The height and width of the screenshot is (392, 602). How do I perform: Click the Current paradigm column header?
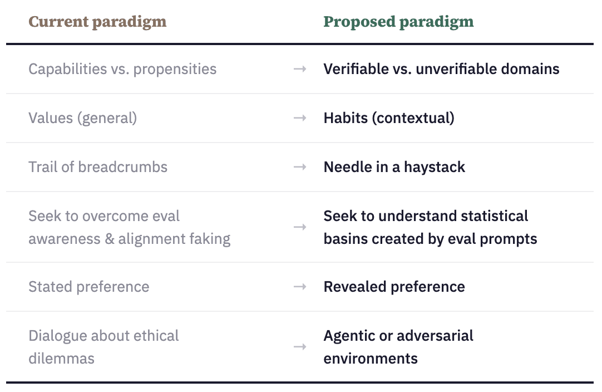point(97,22)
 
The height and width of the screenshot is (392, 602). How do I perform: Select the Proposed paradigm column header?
point(398,22)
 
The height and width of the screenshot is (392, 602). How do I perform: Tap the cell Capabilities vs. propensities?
point(122,69)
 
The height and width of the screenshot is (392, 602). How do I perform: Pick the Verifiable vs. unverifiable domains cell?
point(442,69)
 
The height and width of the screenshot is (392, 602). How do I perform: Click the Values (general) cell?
point(82,118)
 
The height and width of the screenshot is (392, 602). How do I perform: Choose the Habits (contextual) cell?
point(389,118)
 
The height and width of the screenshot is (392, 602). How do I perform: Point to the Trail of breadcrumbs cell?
point(98,167)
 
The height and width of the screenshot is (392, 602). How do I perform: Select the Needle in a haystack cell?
point(394,167)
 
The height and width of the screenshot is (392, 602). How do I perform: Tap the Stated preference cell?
point(88,287)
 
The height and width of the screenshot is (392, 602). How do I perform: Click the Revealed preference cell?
point(394,287)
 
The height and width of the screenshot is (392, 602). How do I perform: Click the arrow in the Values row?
point(300,118)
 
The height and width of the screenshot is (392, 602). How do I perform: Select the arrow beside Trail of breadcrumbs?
point(300,167)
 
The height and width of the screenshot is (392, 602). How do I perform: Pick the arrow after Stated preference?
point(300,287)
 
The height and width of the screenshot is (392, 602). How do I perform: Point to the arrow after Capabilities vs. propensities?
point(300,69)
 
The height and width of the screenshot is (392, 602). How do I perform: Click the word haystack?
point(434,168)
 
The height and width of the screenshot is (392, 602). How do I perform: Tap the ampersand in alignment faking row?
point(110,239)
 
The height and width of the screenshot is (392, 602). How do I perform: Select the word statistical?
point(495,216)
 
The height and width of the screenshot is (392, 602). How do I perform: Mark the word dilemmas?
point(61,359)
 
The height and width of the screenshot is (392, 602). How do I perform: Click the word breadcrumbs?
point(123,167)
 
